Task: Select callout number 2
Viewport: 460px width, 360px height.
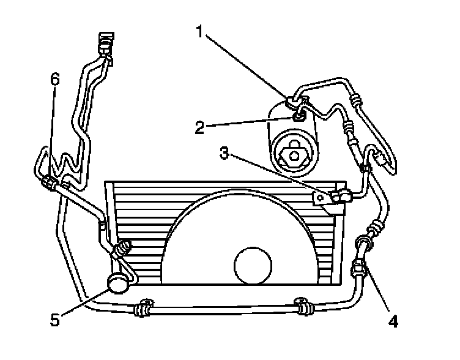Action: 200,128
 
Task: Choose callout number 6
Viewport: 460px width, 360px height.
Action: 56,80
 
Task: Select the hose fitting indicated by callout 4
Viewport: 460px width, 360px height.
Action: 359,268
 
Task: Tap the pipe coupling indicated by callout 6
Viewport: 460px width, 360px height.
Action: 50,182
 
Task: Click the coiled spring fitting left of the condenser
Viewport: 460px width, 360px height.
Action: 123,249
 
